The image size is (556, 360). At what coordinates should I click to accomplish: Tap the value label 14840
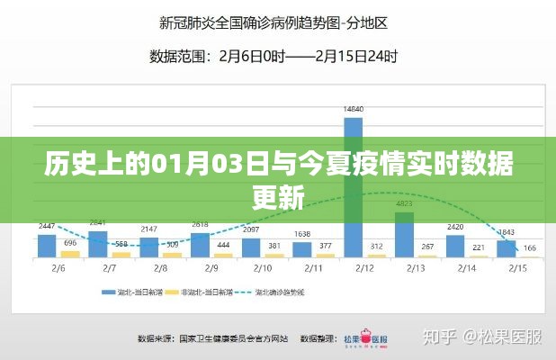coord(354,109)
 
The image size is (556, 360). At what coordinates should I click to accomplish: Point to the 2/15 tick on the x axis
coord(517,267)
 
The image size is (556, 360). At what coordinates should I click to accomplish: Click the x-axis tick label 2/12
coord(364,267)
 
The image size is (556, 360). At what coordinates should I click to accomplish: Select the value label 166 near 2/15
coord(531,247)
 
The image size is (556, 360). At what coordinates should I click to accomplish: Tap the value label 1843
coord(507,231)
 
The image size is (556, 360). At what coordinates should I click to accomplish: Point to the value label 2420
coord(455,226)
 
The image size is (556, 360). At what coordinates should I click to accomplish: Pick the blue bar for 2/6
coord(47,246)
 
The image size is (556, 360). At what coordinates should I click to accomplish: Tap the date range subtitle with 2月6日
coord(274,56)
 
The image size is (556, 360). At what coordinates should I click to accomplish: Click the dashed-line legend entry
coord(314,292)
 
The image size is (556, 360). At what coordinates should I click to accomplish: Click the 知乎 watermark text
coord(444,338)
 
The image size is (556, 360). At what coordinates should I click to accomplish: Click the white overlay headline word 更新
coord(278,195)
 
